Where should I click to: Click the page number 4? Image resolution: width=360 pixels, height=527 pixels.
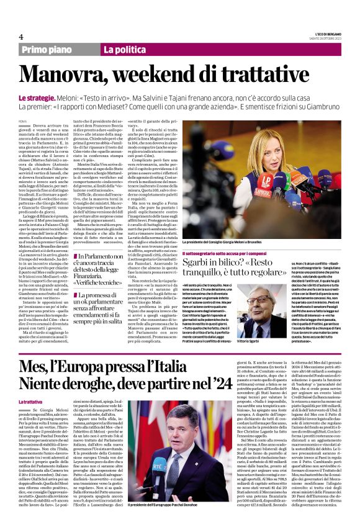[20, 37]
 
